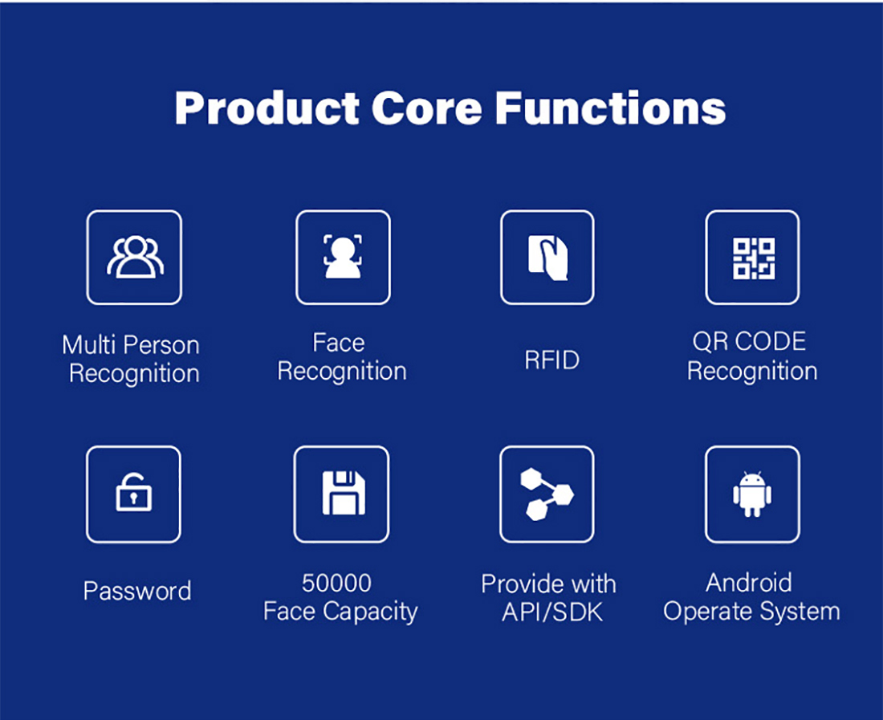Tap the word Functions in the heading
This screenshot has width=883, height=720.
point(610,108)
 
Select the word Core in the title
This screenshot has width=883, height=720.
point(427,108)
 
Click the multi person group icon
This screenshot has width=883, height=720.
point(135,258)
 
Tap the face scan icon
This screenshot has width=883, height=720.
point(343,258)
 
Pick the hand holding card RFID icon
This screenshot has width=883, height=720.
point(547,258)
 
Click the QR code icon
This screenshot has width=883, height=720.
point(754,258)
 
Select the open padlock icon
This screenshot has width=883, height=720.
point(133,493)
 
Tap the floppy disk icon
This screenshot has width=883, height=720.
point(344,493)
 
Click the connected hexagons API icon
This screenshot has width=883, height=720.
point(547,494)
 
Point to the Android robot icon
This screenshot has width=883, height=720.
point(752,494)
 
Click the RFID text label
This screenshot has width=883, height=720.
point(552,360)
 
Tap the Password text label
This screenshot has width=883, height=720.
point(136,591)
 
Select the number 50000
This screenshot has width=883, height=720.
point(336,584)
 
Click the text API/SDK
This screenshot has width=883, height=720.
point(552,612)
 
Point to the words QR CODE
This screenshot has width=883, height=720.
point(749,342)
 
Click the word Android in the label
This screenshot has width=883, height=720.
point(748,583)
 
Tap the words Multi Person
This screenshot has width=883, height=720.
point(131,345)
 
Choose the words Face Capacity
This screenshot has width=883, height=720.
point(340,612)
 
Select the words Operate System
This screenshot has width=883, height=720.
point(751,612)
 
